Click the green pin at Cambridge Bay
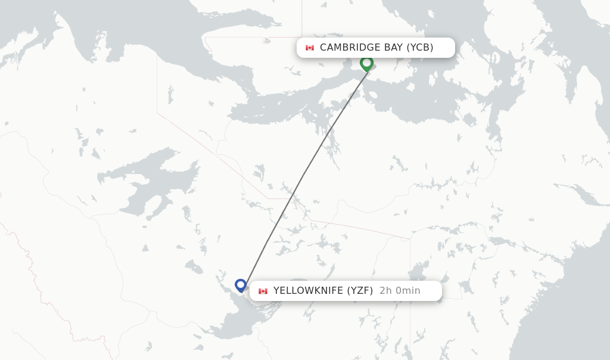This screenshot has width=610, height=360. click(366, 63)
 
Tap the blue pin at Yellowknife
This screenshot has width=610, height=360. click(241, 285)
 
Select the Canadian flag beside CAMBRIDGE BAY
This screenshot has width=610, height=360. click(310, 48)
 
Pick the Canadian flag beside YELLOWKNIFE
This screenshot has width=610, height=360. click(263, 291)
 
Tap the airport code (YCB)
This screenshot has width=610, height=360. click(420, 48)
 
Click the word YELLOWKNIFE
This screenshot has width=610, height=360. click(308, 291)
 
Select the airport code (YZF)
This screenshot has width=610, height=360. click(360, 291)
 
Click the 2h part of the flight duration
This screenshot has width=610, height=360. click(386, 291)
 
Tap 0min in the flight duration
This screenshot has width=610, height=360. click(407, 291)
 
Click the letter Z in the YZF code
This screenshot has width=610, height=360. click(359, 291)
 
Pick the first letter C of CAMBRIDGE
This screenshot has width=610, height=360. click(323, 48)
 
